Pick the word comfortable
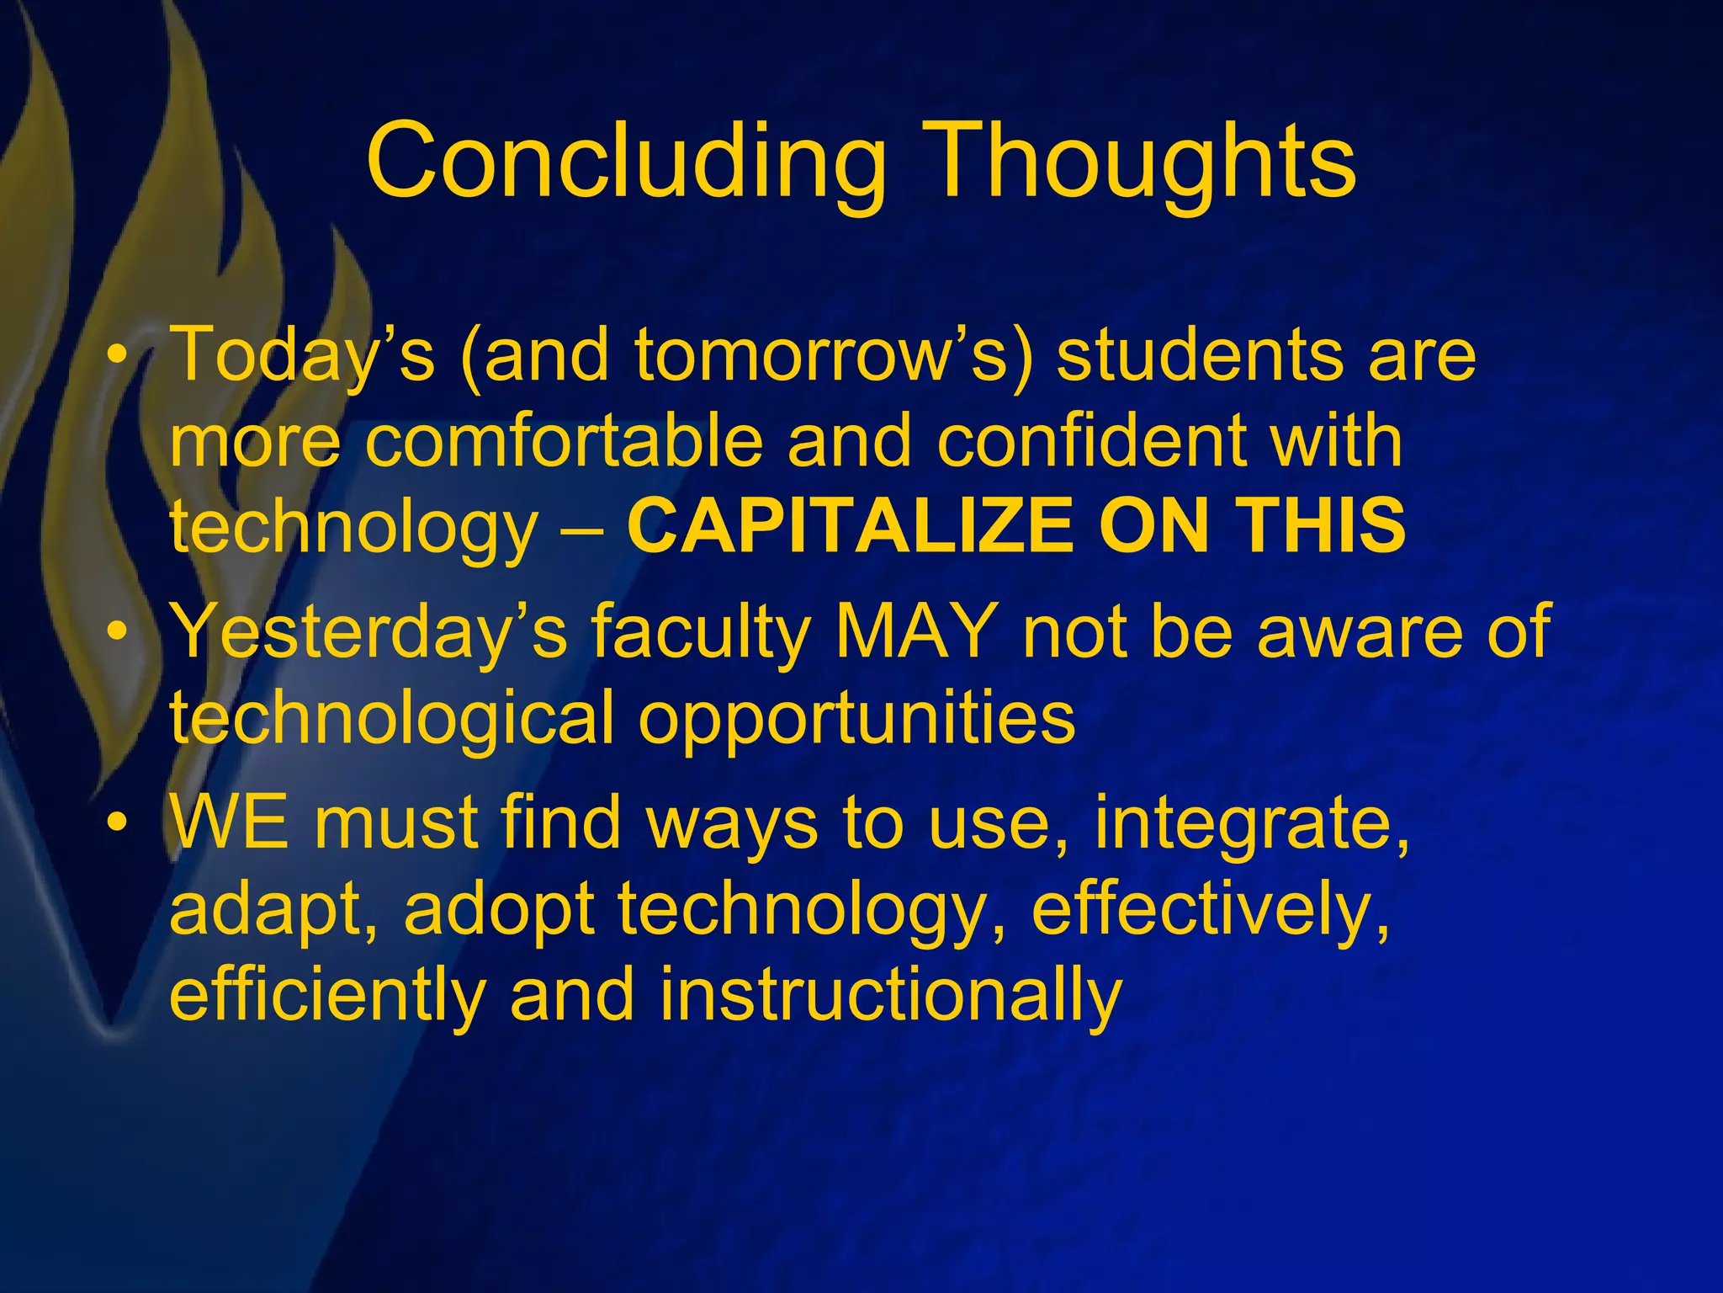point(563,442)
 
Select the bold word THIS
point(1324,526)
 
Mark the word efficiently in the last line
point(327,997)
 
